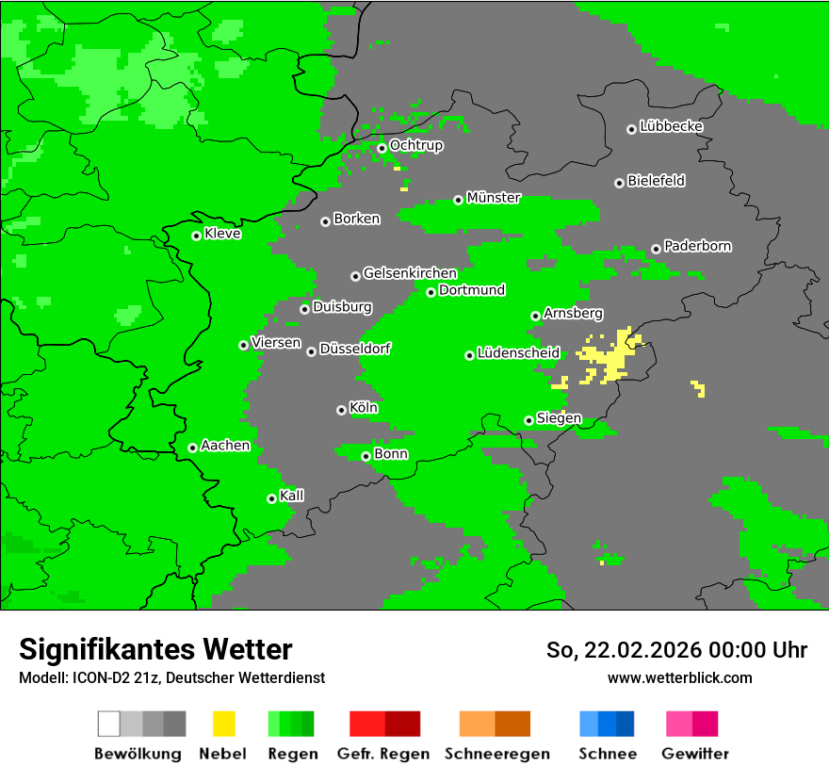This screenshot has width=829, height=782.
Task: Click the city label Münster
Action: pyautogui.click(x=494, y=198)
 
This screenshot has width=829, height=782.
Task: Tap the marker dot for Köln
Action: pyautogui.click(x=341, y=410)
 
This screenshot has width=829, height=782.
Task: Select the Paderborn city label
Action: pyautogui.click(x=697, y=246)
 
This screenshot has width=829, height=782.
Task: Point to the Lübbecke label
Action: pyautogui.click(x=671, y=126)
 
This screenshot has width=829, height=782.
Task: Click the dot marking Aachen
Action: pyautogui.click(x=192, y=448)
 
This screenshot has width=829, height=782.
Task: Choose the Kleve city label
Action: pyautogui.click(x=222, y=234)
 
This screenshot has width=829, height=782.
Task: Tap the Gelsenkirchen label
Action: pyautogui.click(x=410, y=273)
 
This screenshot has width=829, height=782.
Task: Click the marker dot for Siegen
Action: pyautogui.click(x=528, y=420)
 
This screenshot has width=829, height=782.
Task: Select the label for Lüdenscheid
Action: pyautogui.click(x=518, y=353)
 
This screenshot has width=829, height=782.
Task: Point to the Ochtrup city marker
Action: pyautogui.click(x=382, y=148)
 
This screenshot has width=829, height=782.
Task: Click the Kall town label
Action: pyautogui.click(x=292, y=496)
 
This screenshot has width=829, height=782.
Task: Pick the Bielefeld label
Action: pyautogui.click(x=656, y=181)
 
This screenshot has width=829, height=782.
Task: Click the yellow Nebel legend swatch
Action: pyautogui.click(x=223, y=724)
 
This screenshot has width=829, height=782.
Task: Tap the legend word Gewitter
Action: pyautogui.click(x=694, y=754)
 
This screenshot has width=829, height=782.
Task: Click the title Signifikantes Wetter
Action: pyautogui.click(x=155, y=650)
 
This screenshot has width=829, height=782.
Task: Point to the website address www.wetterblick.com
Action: pyautogui.click(x=679, y=677)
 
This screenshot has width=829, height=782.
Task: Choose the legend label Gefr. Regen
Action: pyautogui.click(x=383, y=754)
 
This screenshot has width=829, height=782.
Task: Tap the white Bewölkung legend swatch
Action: pyautogui.click(x=108, y=724)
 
